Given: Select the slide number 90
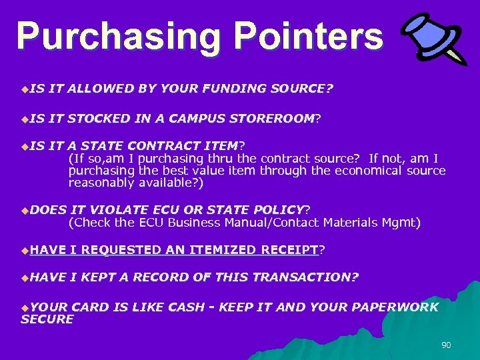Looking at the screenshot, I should [x=446, y=345].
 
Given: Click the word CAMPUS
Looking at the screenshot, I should [x=197, y=119].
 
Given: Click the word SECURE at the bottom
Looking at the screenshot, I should [x=47, y=319].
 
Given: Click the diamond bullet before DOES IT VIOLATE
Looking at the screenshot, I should [x=25, y=211].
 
